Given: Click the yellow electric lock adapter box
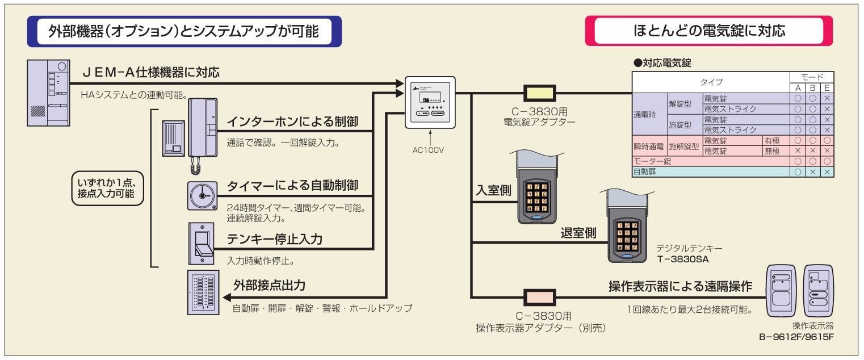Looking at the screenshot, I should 539,93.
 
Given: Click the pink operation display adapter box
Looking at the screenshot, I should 539,297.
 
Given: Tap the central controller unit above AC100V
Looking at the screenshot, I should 430,102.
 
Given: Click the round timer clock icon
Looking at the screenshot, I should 203,196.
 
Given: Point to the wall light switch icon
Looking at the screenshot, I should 202,244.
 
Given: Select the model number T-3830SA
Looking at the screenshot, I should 683,259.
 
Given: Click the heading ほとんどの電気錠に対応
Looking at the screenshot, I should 709,31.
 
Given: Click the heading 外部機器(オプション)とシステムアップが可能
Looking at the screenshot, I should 184,31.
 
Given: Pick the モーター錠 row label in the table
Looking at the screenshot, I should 644,161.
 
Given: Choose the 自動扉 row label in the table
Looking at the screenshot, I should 644,171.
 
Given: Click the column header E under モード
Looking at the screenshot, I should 827,88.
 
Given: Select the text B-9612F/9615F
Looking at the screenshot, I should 796,336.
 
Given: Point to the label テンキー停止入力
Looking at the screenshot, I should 275,240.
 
